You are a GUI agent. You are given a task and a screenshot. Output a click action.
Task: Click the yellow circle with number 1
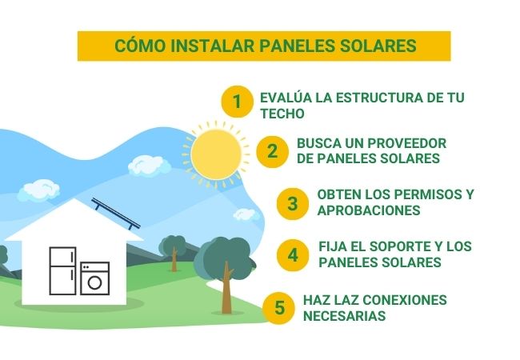click(236, 102)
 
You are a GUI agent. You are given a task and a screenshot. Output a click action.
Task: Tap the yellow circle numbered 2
click(272, 150)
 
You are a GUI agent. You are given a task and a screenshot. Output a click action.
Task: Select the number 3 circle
click(292, 202)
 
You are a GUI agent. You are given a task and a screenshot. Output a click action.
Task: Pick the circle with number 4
click(293, 255)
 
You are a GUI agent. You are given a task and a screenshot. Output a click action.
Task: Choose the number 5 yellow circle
click(279, 308)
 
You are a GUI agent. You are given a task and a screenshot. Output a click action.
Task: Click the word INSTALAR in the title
click(214, 46)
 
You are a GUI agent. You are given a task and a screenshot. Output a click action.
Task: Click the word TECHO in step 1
click(278, 114)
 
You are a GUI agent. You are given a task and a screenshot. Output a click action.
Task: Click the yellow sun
click(214, 153)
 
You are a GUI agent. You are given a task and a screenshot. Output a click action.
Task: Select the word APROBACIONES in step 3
click(369, 210)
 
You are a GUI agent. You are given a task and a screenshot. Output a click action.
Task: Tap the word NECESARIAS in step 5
click(345, 316)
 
